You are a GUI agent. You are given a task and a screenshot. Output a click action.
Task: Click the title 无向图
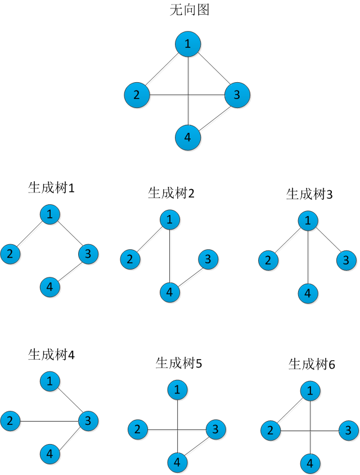[189, 10]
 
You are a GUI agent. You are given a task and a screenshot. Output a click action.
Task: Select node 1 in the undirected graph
[188, 44]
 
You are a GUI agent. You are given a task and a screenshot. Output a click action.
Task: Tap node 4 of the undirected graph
[188, 137]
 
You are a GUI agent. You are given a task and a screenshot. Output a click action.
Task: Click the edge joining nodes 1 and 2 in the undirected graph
[163, 68]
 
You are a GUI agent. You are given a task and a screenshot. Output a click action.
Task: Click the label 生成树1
[51, 188]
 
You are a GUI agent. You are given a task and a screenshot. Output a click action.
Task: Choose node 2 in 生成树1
[10, 254]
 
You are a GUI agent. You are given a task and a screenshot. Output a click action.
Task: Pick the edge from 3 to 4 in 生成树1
[69, 271]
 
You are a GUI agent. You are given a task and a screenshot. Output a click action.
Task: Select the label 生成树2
[171, 194]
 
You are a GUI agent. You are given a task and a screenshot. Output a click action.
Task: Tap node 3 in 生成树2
[208, 259]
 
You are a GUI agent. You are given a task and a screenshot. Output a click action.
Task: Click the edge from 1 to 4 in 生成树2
[170, 257]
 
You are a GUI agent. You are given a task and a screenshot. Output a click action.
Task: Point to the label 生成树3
[309, 195]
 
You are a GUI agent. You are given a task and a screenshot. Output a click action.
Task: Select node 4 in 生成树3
[308, 293]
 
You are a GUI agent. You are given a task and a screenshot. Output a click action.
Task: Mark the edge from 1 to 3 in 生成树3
[327, 240]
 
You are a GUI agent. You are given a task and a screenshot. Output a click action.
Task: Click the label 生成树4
[51, 355]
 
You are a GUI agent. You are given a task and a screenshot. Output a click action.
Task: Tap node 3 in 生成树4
[88, 420]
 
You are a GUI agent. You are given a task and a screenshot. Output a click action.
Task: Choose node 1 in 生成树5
[178, 389]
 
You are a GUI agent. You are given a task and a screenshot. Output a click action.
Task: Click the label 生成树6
[312, 364]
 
